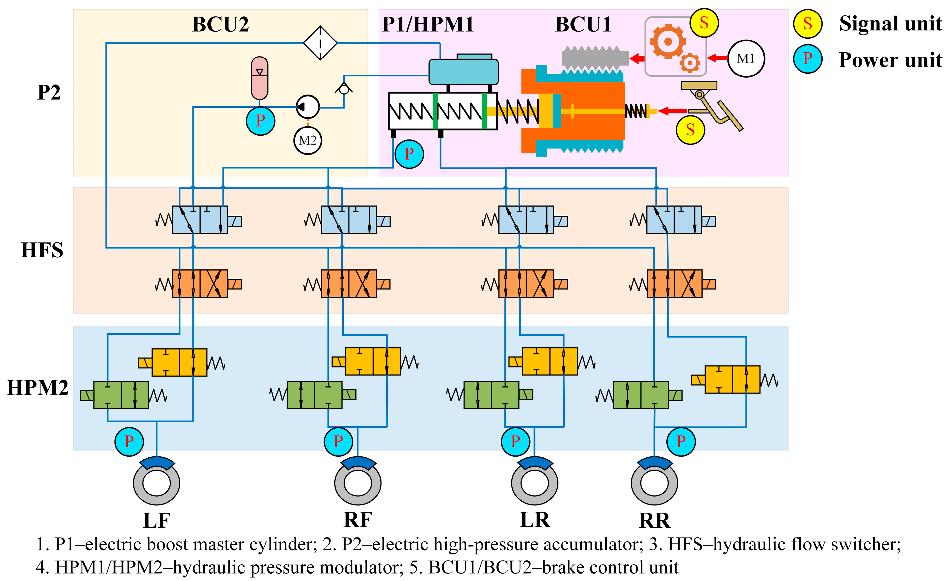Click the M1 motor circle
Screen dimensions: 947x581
[746, 58]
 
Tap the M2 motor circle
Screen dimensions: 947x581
[308, 140]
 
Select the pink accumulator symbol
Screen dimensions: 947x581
[259, 78]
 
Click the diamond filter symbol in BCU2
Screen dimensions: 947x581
[320, 43]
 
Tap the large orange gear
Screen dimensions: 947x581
[668, 42]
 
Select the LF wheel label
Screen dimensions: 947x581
[157, 521]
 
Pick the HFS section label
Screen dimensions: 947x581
[42, 250]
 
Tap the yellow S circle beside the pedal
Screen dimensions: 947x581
[690, 130]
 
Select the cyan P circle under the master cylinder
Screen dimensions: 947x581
[409, 154]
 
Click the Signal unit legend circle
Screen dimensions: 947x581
[808, 24]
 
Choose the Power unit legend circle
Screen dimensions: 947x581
[808, 59]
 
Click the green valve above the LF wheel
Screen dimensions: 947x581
[121, 395]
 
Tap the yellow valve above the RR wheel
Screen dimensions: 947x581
[732, 380]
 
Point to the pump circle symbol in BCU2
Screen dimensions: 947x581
[307, 107]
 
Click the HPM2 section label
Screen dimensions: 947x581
[38, 388]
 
